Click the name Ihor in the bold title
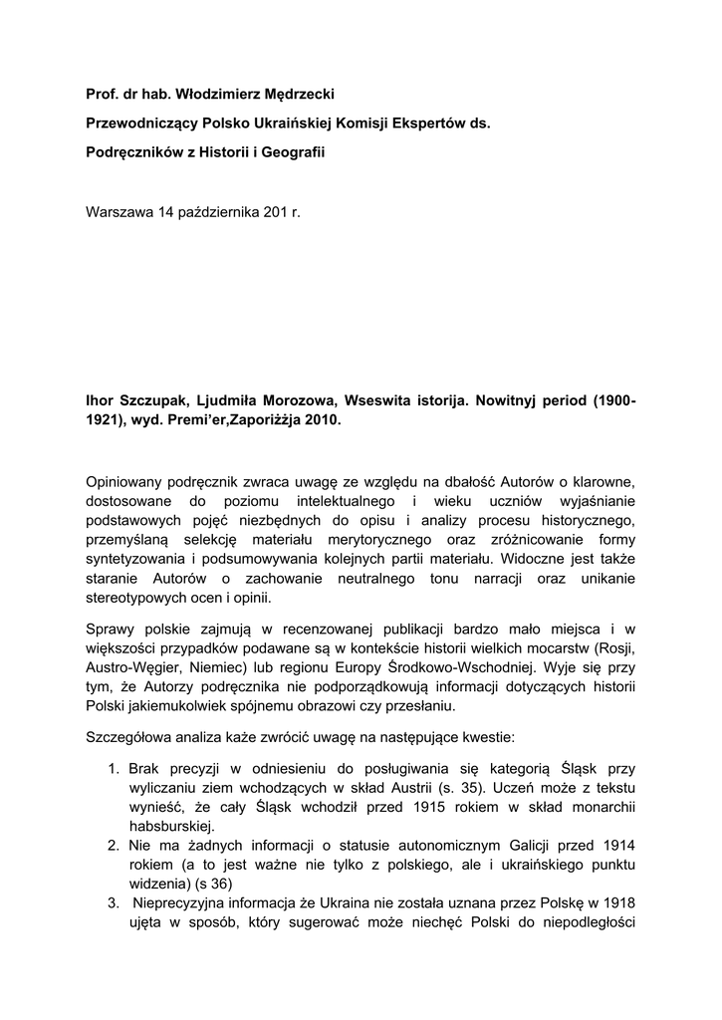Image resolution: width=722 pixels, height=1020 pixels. click(x=103, y=399)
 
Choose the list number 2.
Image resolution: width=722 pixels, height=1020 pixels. click(x=112, y=845)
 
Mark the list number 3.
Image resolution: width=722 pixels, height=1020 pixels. click(x=112, y=903)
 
